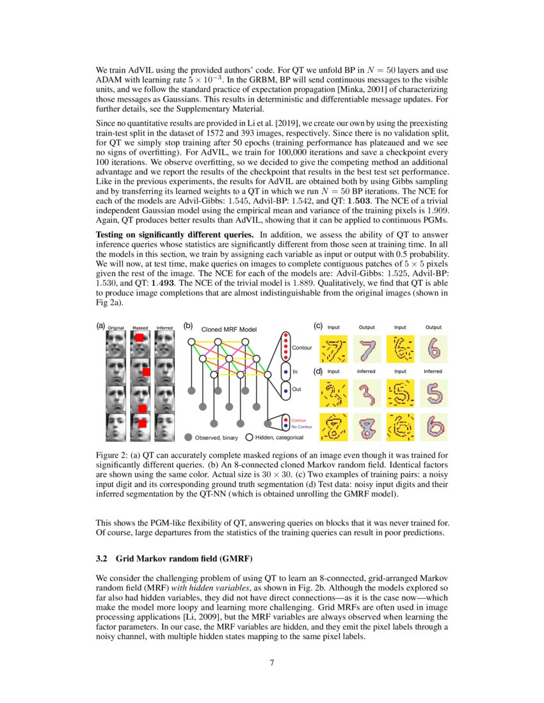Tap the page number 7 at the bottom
(x=272, y=662)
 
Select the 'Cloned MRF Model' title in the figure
(x=228, y=329)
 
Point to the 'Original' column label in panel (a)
(x=116, y=328)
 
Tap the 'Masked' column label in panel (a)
(x=140, y=328)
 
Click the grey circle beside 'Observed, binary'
(x=188, y=438)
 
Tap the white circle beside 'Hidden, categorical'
(x=249, y=438)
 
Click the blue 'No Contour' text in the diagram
(x=301, y=426)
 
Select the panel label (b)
(x=188, y=325)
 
